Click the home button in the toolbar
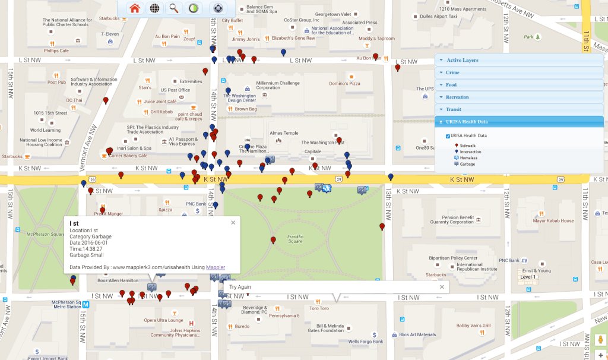135,8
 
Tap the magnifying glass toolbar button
174,8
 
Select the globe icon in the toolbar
154,8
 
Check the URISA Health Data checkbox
448,136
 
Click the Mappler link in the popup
216,267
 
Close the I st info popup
233,223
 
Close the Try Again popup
442,287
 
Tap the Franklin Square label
295,239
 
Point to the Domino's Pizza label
344,83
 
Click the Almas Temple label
284,133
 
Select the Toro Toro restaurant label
319,308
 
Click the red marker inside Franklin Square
273,241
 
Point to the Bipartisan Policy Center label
453,258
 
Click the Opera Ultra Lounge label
163,320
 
